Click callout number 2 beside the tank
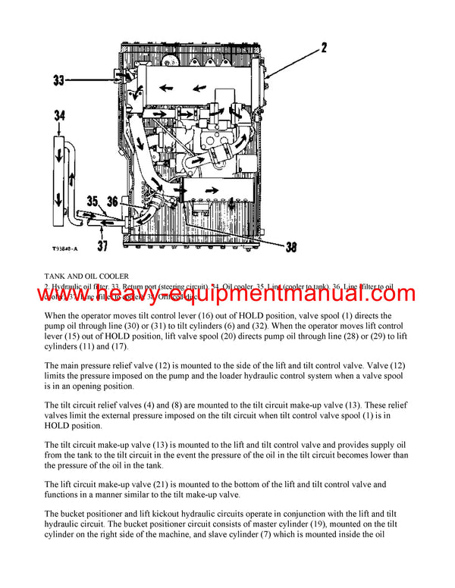[324, 48]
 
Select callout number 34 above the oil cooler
[61, 115]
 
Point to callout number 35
[93, 202]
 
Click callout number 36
[112, 202]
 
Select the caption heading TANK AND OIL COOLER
[86, 276]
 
